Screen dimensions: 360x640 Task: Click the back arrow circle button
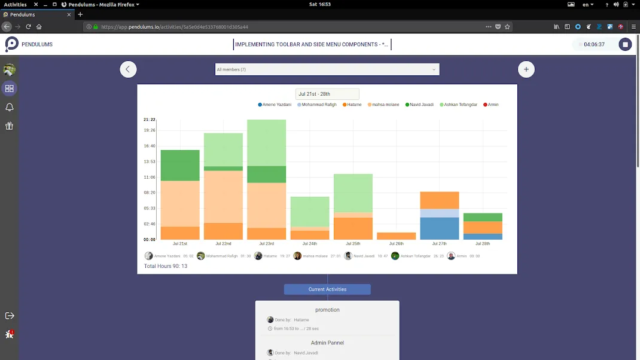(x=128, y=69)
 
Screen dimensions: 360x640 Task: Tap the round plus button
(x=526, y=69)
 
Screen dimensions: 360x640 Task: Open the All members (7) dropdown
(x=327, y=69)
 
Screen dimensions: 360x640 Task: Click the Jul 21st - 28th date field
(x=327, y=94)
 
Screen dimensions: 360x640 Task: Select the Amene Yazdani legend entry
(x=275, y=105)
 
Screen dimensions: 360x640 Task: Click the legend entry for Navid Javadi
(x=420, y=105)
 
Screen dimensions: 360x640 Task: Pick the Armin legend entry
(x=490, y=105)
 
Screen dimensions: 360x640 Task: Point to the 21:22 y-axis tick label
(x=150, y=120)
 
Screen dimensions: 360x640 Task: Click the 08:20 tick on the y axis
(x=150, y=193)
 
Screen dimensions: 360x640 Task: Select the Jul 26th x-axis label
(x=396, y=243)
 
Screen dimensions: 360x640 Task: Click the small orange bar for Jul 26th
(x=396, y=236)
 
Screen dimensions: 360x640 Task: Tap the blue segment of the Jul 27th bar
(x=439, y=228)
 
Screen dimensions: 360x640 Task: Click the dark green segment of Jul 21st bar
(x=180, y=165)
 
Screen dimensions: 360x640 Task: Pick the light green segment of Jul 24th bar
(x=310, y=211)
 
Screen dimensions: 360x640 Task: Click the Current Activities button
(x=327, y=289)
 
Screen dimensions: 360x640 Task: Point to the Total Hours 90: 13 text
(x=166, y=266)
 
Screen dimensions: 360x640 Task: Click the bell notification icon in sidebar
(x=9, y=107)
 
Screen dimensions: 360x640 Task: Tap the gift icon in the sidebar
(x=9, y=126)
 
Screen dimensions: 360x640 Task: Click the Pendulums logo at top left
(x=12, y=44)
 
